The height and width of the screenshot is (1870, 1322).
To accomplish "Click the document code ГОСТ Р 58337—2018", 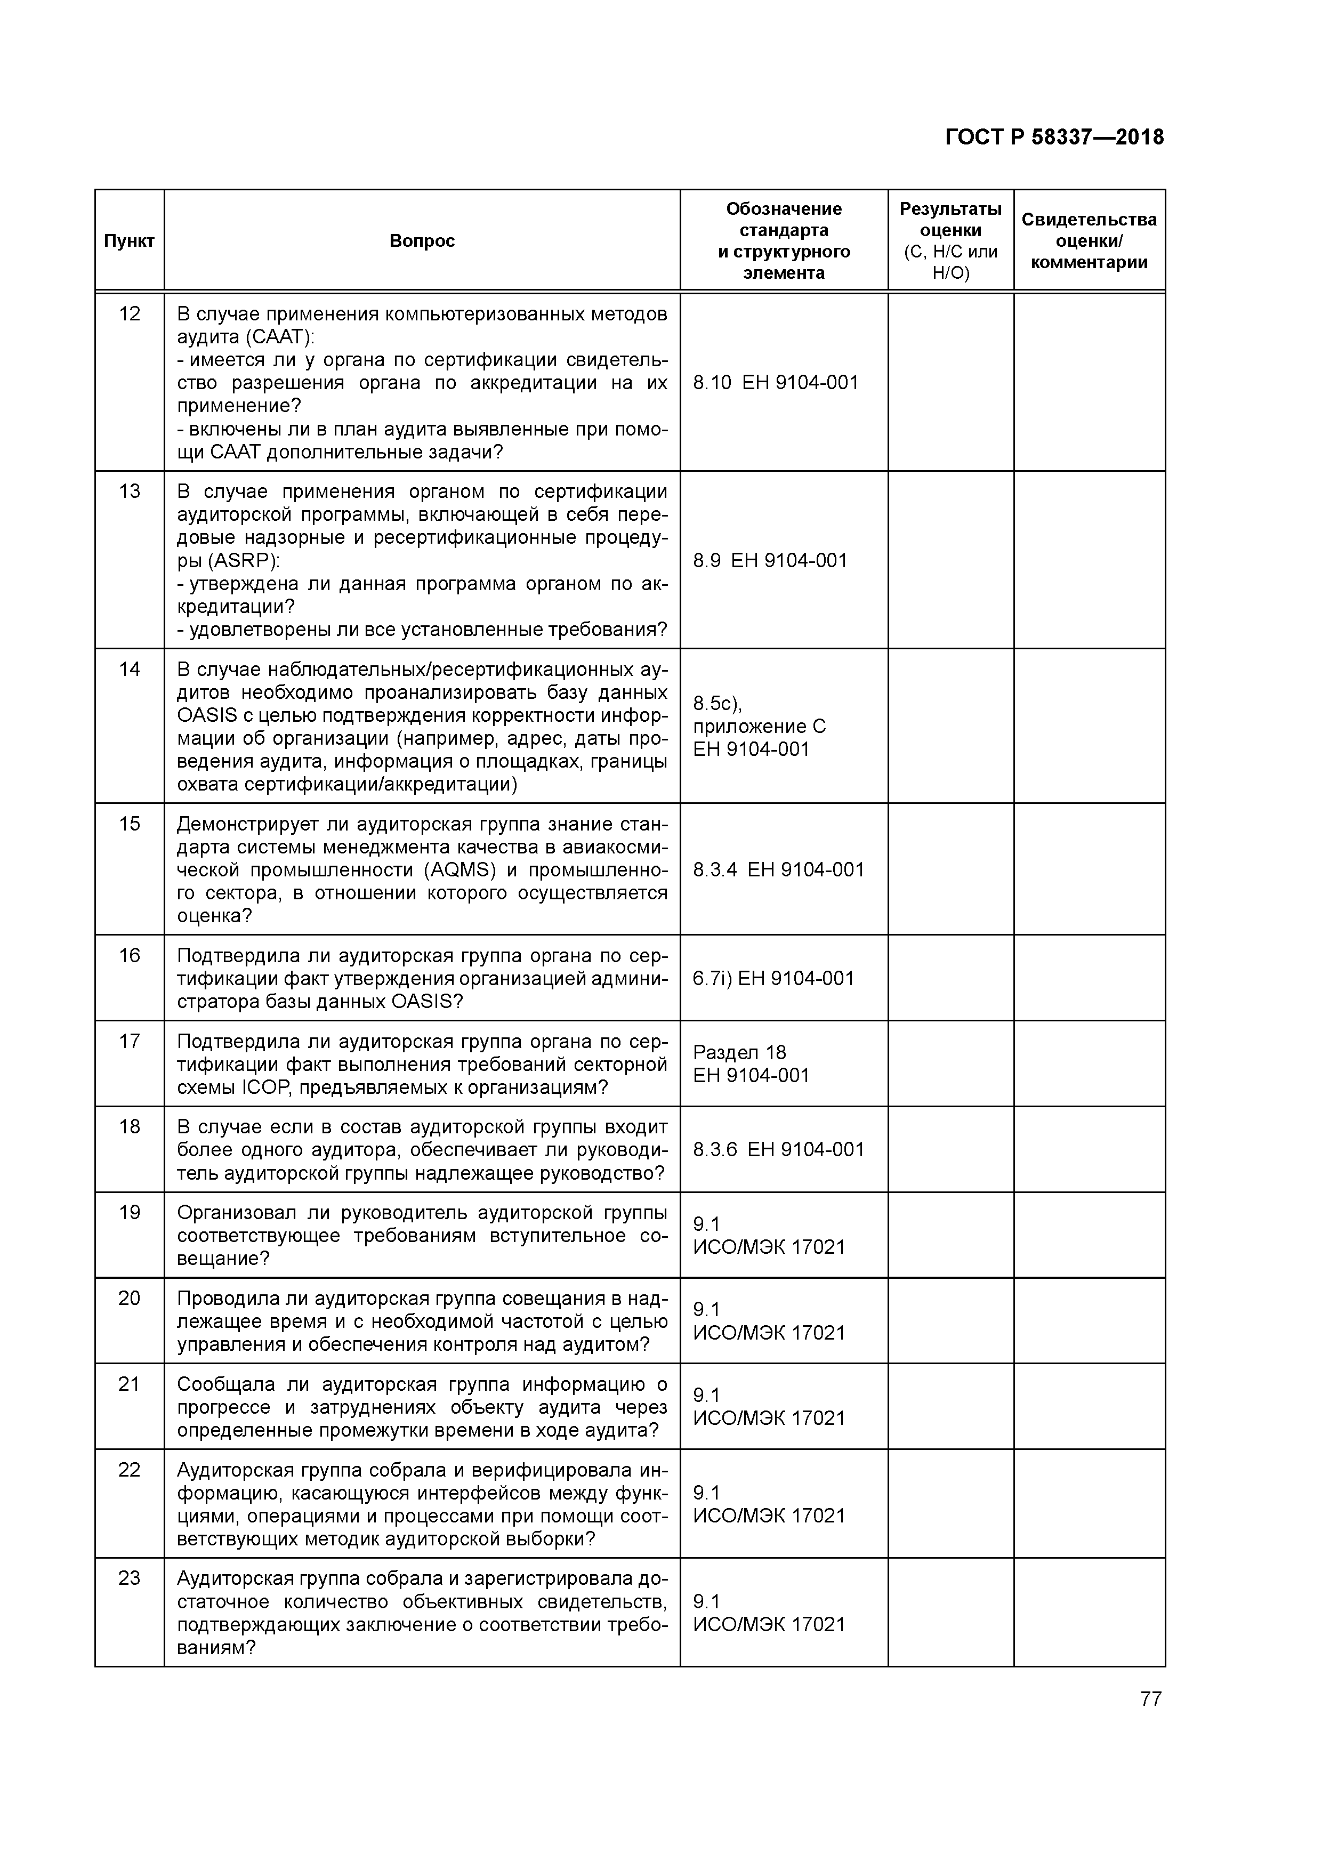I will (x=1054, y=137).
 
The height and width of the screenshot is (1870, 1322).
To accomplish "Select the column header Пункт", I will (x=128, y=241).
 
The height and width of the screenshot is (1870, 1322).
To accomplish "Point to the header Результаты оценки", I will (x=950, y=220).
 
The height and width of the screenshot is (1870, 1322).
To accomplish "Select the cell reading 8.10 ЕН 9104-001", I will (x=776, y=383).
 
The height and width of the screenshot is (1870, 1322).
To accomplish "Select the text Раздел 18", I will (x=739, y=1052).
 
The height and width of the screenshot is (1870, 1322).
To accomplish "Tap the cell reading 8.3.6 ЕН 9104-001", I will (x=778, y=1149).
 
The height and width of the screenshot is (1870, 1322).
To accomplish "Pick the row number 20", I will (x=130, y=1298).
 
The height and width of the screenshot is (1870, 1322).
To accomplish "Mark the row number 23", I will (x=130, y=1578).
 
